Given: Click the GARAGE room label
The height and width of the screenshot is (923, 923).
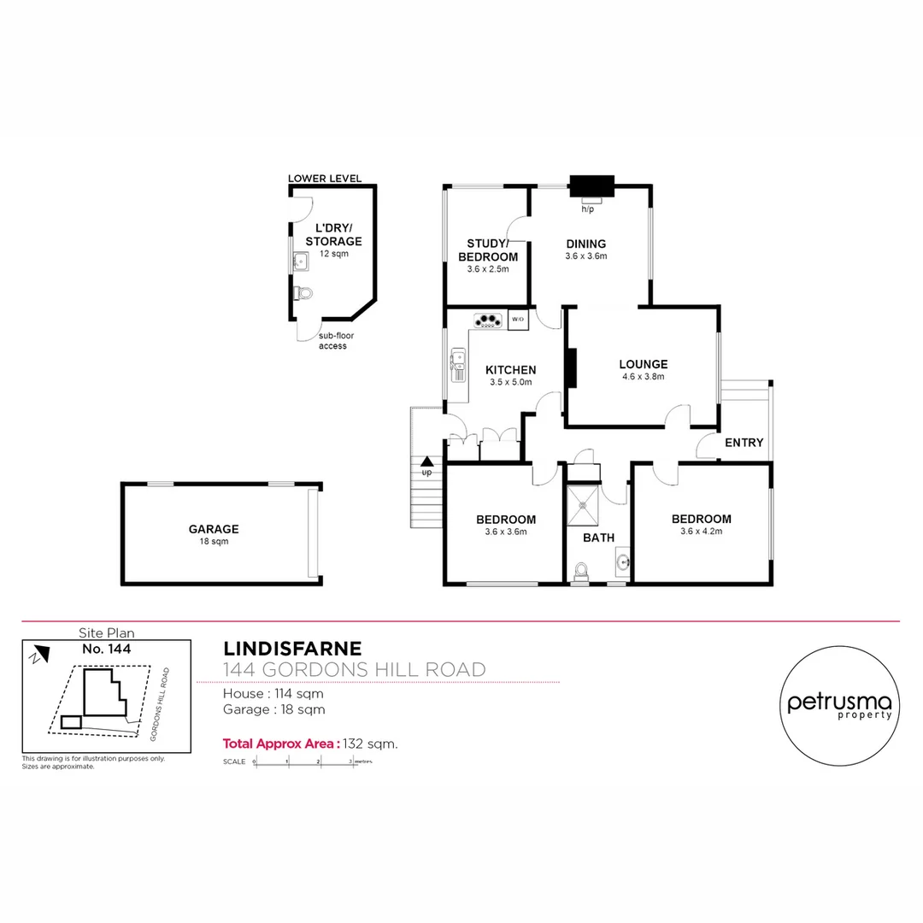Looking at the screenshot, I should point(214,529).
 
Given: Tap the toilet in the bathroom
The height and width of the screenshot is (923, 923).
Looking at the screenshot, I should point(582,570).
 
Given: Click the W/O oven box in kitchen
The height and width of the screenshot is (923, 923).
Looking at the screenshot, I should point(518,320).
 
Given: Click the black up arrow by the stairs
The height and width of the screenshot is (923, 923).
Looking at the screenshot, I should point(426,461).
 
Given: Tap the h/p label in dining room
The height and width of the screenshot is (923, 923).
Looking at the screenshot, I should point(588,209).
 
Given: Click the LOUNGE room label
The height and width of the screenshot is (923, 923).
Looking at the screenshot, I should point(644,364).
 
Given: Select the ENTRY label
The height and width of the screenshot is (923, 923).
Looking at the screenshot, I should point(744,442).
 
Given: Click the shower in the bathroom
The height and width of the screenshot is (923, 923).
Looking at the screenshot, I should point(583,506).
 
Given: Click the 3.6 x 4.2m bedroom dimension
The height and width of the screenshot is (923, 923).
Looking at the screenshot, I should point(701,532).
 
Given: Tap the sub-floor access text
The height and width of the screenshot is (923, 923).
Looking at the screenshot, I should point(335,341).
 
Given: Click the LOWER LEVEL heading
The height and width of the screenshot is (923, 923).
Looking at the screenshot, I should point(325,179).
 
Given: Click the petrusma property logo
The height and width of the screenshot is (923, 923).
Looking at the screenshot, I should point(838,703).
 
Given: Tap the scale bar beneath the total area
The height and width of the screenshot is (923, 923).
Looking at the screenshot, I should point(304,761).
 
